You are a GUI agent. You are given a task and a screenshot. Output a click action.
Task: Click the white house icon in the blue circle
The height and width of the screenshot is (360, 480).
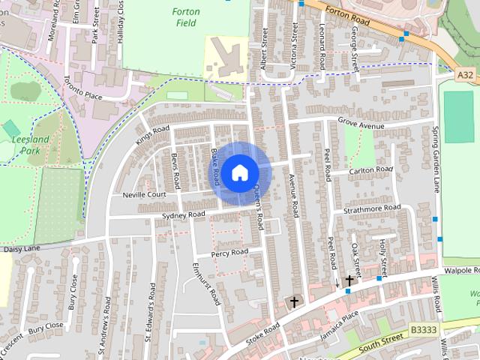click(239, 172)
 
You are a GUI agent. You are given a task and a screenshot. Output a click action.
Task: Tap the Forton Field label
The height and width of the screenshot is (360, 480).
click(185, 17)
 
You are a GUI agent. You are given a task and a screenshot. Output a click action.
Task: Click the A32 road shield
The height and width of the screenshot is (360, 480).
click(465, 75)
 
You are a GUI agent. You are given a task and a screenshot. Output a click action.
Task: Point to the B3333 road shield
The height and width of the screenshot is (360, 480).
click(424, 328)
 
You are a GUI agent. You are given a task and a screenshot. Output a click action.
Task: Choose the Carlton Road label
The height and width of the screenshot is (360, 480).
click(371, 170)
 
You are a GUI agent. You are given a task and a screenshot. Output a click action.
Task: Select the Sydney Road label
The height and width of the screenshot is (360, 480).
click(183, 215)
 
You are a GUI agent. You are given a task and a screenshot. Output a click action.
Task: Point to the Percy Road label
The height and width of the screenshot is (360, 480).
click(229, 253)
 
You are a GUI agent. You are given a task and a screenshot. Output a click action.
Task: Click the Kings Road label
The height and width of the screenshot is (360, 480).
click(154, 135)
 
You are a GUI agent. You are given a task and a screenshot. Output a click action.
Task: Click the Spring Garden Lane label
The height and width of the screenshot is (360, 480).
click(436, 157)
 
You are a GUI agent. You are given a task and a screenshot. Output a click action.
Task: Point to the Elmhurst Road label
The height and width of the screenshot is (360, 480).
click(205, 283)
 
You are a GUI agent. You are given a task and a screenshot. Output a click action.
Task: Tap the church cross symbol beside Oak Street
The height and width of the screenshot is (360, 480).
click(349, 281)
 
